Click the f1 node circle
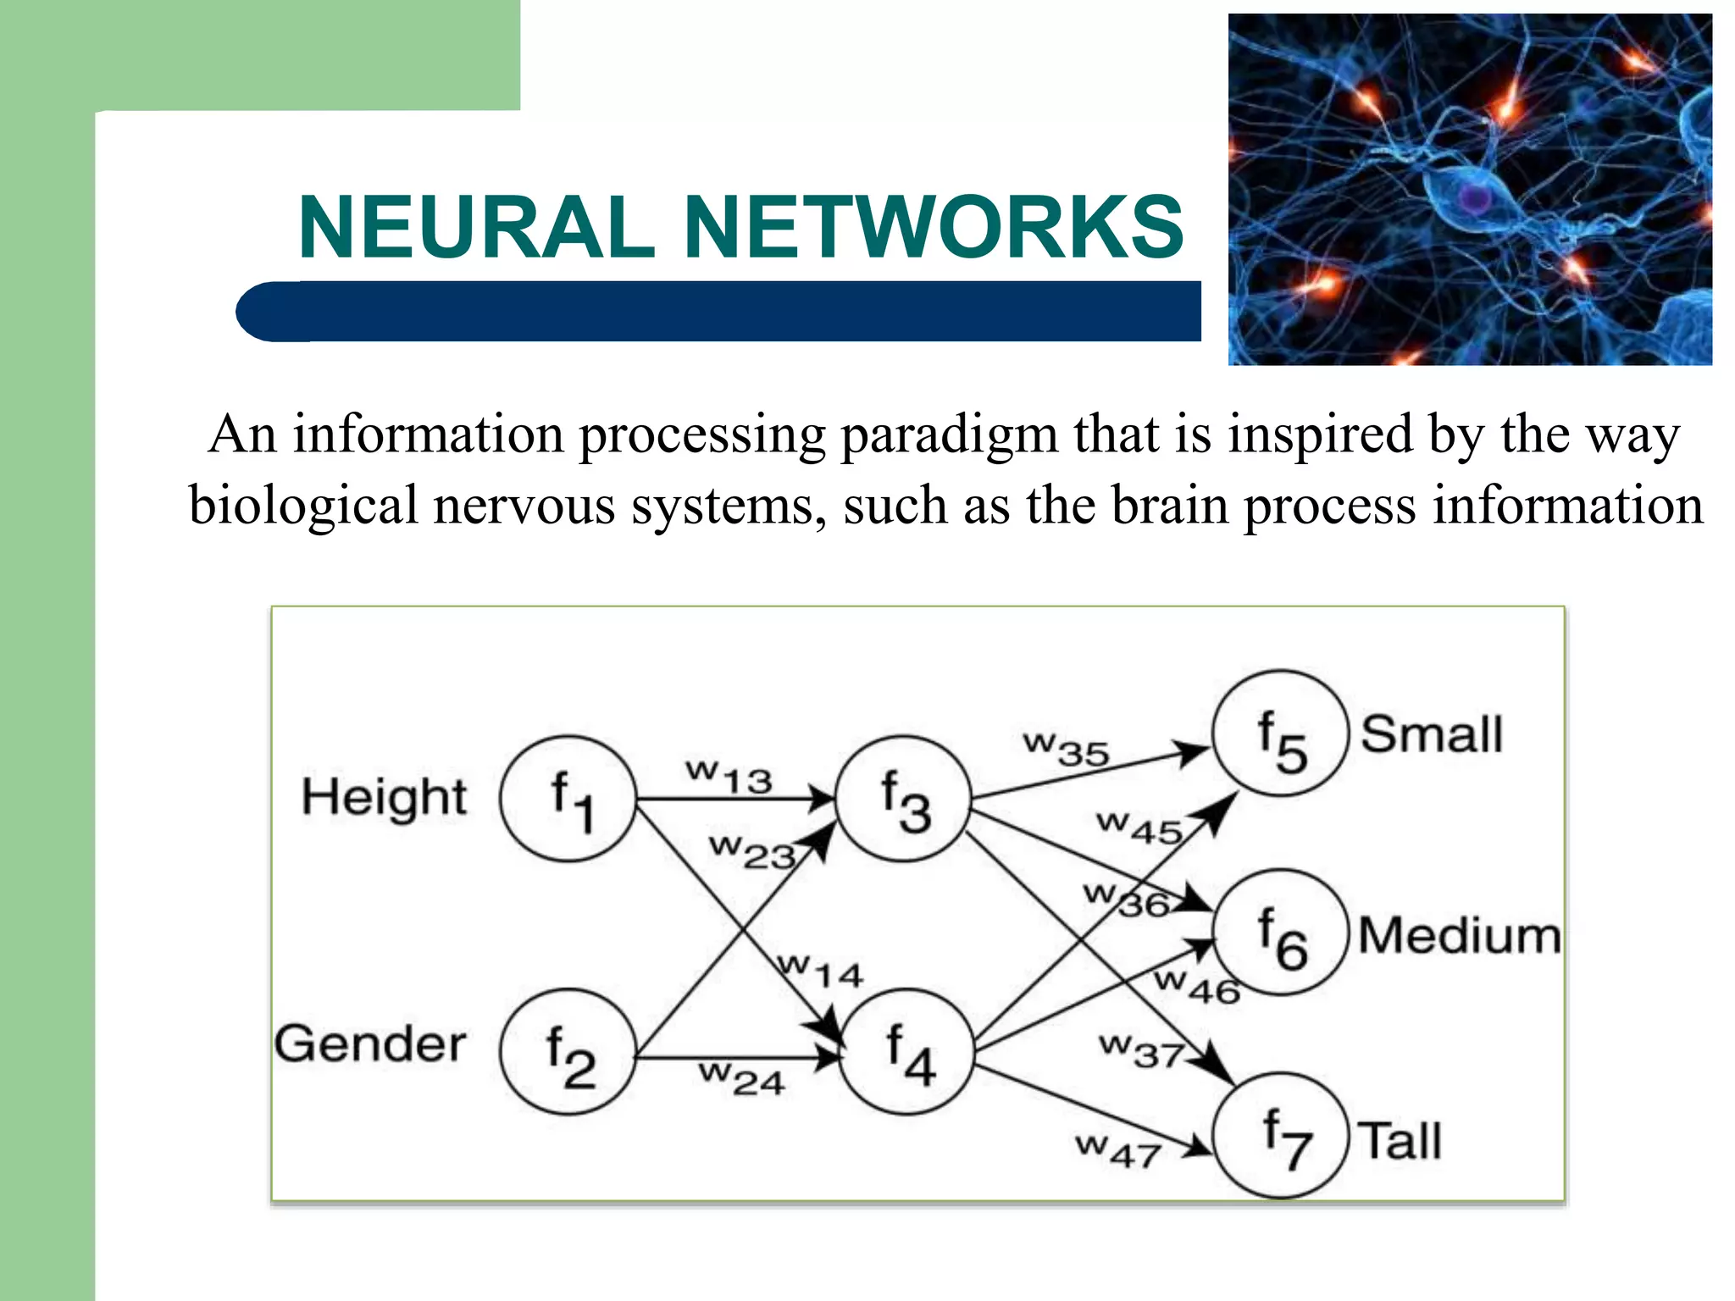click(x=568, y=798)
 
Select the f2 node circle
click(x=568, y=1052)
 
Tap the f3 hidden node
click(x=903, y=798)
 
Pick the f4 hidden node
click(x=906, y=1052)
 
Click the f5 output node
click(x=1279, y=734)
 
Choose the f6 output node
click(x=1279, y=932)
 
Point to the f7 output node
click(x=1281, y=1135)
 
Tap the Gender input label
click(x=370, y=1044)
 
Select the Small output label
click(x=1432, y=734)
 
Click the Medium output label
click(x=1459, y=935)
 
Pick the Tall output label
click(x=1400, y=1140)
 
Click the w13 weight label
click(x=729, y=776)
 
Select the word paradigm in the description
click(x=949, y=435)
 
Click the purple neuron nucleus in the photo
click(x=1476, y=198)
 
